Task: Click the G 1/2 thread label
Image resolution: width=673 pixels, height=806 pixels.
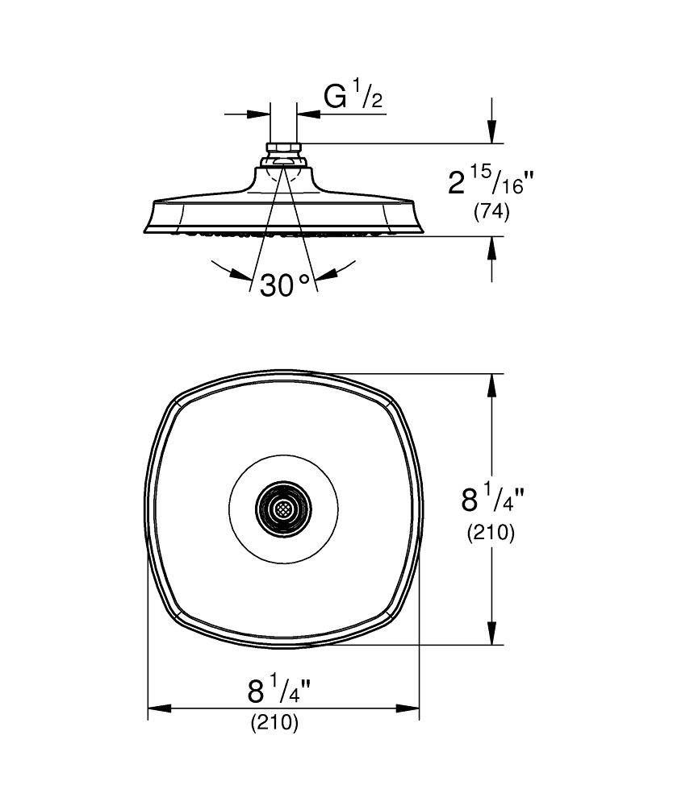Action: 353,98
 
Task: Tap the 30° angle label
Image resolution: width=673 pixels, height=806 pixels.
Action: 285,285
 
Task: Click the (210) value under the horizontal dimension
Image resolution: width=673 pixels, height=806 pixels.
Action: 274,723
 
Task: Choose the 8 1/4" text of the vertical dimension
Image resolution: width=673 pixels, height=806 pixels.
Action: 493,501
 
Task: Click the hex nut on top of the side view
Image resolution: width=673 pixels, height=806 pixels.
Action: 282,149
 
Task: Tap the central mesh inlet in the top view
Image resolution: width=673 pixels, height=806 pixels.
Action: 282,509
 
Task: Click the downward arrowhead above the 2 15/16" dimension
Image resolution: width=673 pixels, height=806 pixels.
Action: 491,134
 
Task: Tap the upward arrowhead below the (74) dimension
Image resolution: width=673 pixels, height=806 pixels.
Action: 491,247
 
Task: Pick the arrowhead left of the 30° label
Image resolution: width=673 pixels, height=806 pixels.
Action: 241,274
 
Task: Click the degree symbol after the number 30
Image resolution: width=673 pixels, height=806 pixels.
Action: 303,278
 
